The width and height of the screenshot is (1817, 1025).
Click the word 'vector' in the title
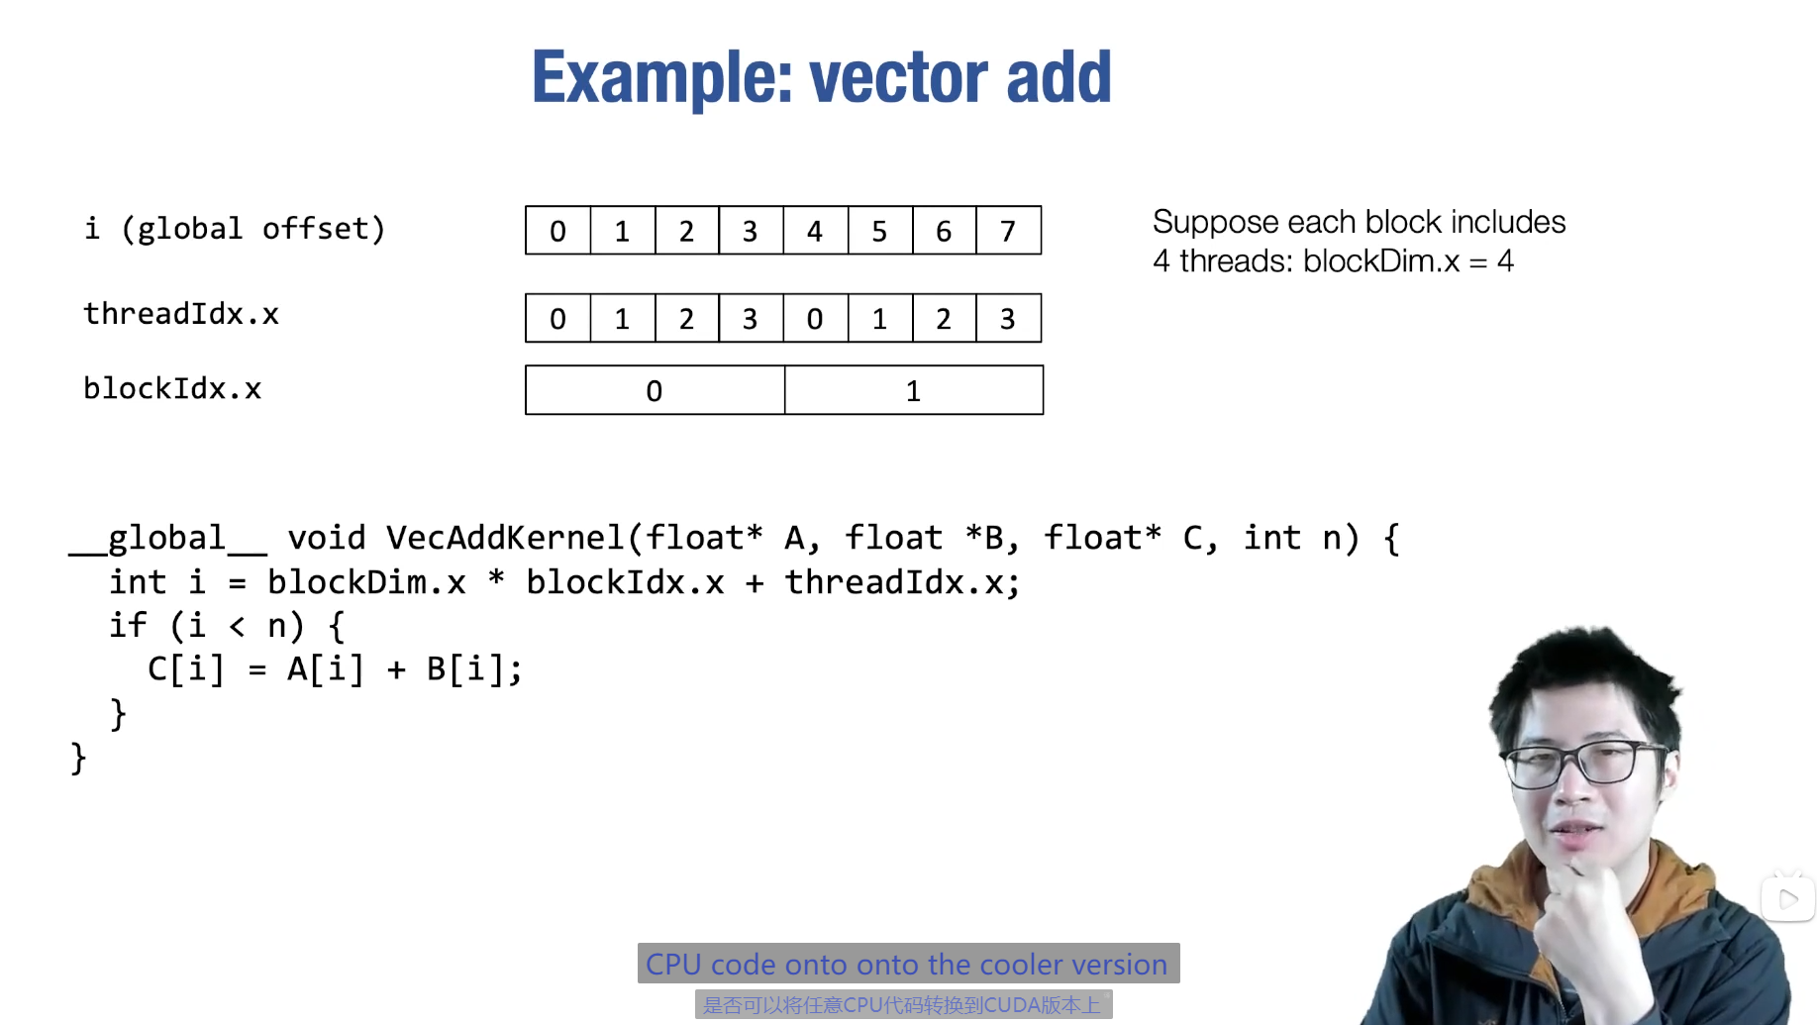click(898, 77)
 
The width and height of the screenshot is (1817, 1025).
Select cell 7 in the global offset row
click(1008, 231)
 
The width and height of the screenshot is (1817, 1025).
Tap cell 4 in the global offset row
click(815, 231)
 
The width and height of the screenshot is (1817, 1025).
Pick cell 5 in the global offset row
click(879, 231)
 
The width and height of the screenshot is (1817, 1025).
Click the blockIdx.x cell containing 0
click(655, 390)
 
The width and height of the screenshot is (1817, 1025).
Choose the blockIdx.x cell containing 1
click(913, 390)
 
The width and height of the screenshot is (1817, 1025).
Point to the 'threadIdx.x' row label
click(181, 314)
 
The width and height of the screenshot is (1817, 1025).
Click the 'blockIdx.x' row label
click(172, 388)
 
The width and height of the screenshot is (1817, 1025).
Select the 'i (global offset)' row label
click(235, 229)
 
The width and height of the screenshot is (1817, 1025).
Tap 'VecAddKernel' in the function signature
click(505, 538)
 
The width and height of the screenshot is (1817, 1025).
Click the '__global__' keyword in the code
click(167, 538)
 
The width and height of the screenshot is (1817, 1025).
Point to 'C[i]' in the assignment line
click(186, 669)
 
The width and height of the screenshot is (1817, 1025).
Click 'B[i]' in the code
click(466, 669)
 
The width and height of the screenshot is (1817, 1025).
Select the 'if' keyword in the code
click(128, 626)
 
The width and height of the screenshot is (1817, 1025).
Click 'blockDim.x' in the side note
click(1380, 261)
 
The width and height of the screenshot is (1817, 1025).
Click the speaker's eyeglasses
click(1587, 763)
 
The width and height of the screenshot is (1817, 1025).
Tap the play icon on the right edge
click(1788, 899)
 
